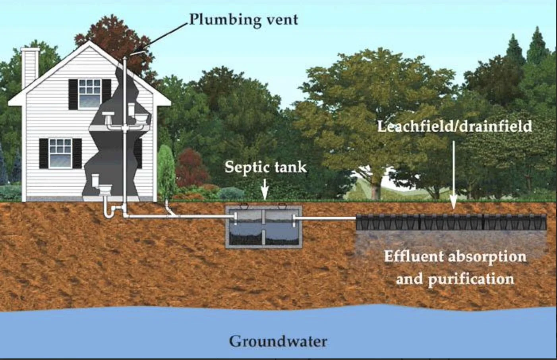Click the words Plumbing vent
243,19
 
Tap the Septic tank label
265,167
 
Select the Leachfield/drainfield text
454,126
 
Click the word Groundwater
278,341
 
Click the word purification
471,279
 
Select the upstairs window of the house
90,93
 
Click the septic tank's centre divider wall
263,226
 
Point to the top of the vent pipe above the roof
125,58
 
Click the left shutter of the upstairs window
73,94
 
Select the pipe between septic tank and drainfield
326,218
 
